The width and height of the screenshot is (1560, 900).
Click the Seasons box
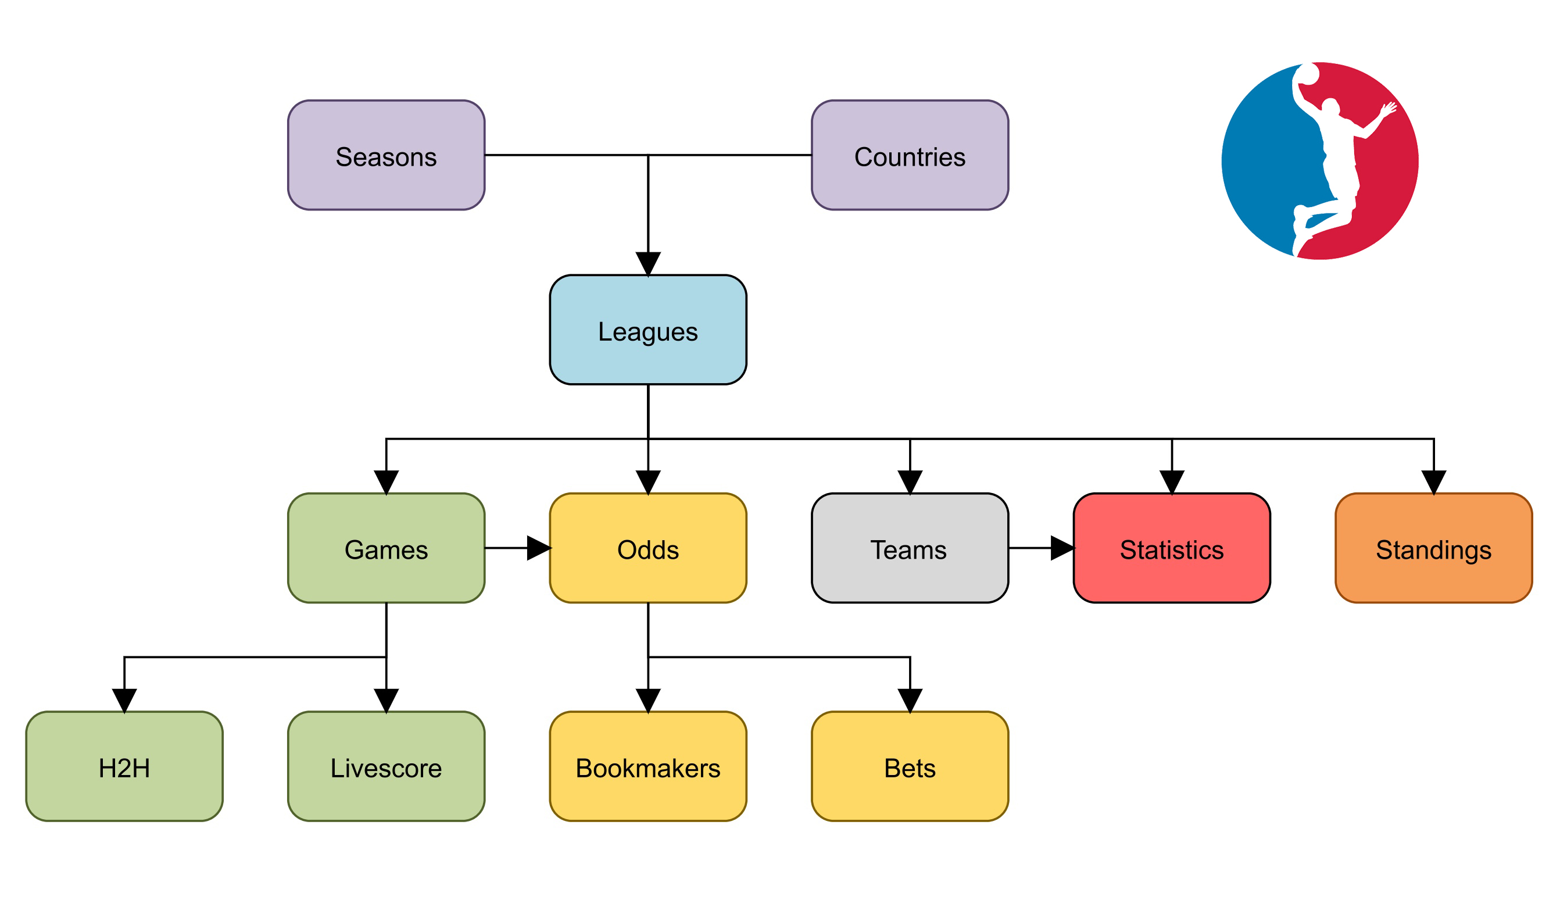click(385, 155)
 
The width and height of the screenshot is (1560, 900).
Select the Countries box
click(910, 155)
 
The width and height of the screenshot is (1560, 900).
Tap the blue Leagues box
click(647, 330)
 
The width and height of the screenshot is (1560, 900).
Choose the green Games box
click(385, 548)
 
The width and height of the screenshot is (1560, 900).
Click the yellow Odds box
click(647, 548)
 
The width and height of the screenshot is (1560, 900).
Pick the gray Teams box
click(910, 548)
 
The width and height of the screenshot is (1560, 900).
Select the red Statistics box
click(1171, 548)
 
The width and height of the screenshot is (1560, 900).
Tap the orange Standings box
click(1433, 548)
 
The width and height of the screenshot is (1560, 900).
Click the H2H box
click(124, 766)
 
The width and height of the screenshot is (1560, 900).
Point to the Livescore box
click(385, 766)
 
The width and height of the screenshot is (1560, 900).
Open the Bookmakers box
click(647, 766)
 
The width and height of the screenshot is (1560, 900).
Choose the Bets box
click(910, 766)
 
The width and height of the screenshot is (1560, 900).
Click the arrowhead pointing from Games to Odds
click(538, 548)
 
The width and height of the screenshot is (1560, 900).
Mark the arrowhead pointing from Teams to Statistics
click(1061, 548)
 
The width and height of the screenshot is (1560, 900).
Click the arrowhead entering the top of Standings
click(1433, 481)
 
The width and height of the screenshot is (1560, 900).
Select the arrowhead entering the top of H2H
click(124, 700)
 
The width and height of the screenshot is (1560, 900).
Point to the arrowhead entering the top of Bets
click(910, 700)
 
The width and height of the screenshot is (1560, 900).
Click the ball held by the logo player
click(1308, 75)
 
